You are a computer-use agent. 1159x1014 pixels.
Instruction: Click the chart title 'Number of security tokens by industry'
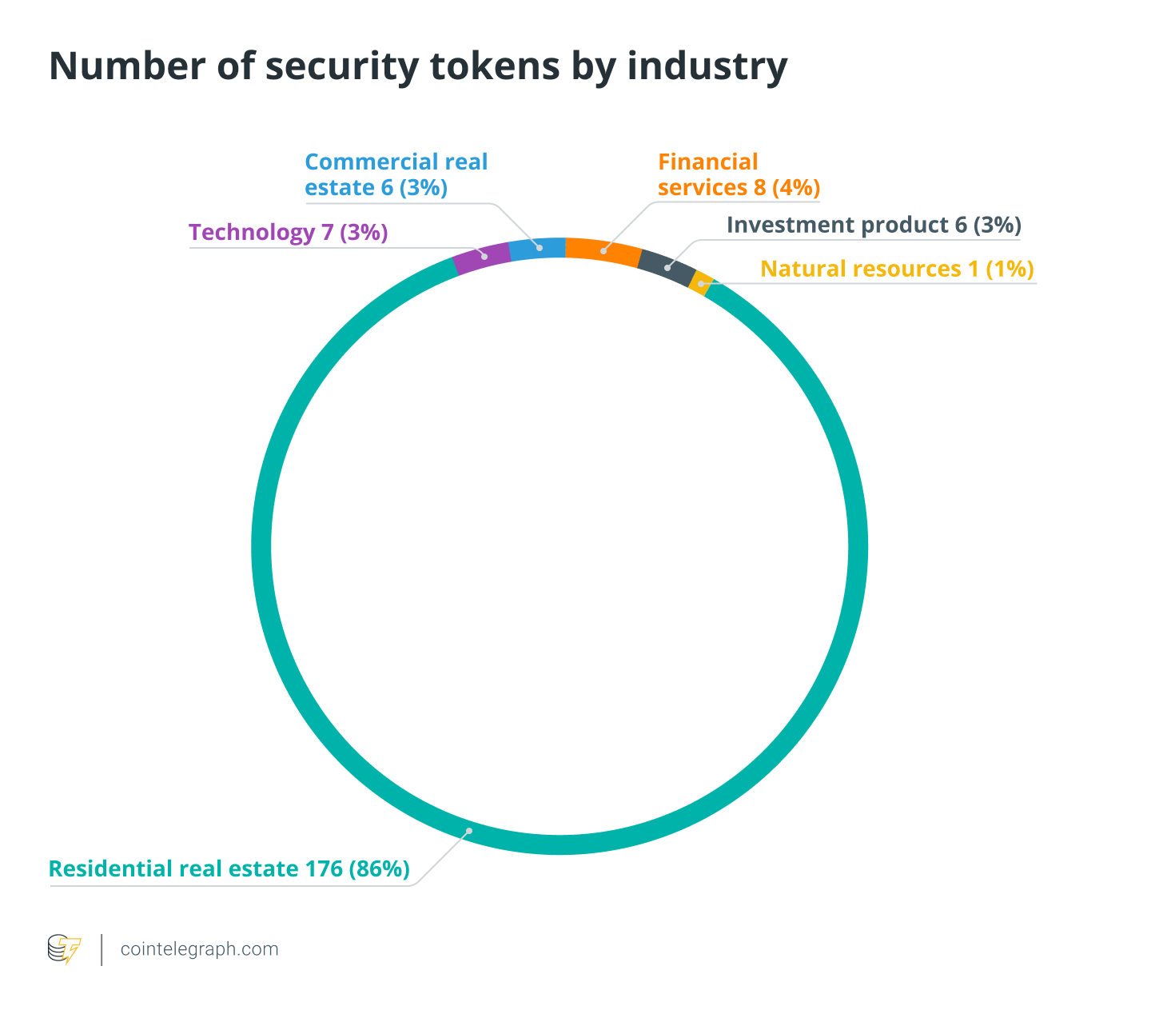coord(418,66)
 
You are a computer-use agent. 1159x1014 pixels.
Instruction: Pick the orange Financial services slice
coord(603,251)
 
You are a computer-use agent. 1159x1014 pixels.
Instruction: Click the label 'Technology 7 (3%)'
coord(288,233)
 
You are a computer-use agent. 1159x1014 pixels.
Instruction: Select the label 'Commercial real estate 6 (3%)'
coord(396,174)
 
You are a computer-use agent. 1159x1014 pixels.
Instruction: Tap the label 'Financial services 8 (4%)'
coord(739,174)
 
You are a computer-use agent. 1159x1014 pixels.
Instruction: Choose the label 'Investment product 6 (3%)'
coord(874,226)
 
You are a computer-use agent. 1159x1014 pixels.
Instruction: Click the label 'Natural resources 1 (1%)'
coord(897,269)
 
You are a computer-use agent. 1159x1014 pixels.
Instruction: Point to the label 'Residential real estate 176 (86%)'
coord(229,869)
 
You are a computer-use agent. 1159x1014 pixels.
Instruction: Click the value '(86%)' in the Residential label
coord(379,869)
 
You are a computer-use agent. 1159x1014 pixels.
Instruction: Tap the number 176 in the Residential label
coord(324,869)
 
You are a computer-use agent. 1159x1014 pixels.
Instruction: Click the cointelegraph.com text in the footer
coord(199,949)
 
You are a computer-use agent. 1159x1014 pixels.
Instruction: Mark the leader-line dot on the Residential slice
coord(469,831)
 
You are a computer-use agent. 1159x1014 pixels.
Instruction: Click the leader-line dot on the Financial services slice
coord(603,251)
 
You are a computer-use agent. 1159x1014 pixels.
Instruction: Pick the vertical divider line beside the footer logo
coord(102,949)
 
